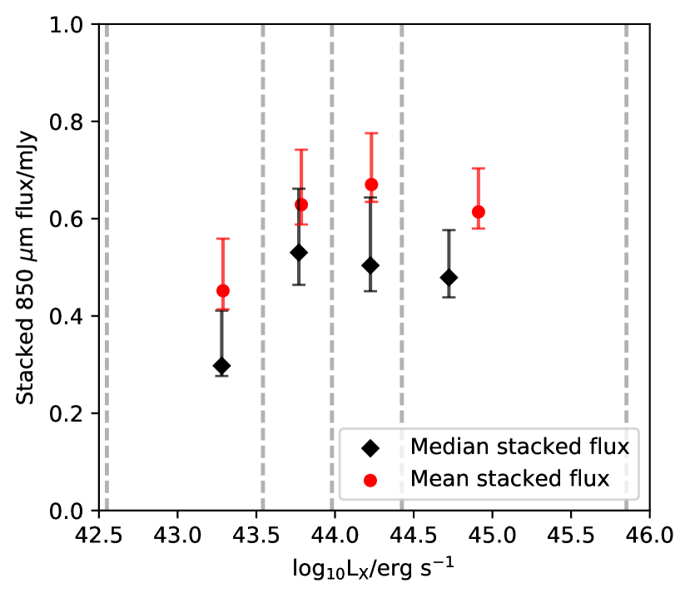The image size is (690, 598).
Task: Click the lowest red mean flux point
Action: (x=222, y=290)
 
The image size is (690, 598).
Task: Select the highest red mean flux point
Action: (x=371, y=185)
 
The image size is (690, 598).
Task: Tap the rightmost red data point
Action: (x=478, y=211)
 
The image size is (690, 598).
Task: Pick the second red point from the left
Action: (x=301, y=204)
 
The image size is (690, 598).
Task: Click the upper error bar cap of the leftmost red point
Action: (x=222, y=239)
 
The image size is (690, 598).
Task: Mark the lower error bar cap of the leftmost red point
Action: (x=222, y=309)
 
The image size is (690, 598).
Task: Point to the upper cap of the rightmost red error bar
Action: (x=478, y=169)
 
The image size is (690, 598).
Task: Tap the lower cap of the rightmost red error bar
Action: (x=478, y=228)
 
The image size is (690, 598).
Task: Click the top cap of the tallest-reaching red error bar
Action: (x=371, y=133)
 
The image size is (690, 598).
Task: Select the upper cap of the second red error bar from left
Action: (x=301, y=150)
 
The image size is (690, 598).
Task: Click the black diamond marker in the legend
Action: (x=370, y=447)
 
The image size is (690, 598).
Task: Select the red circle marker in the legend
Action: (x=370, y=480)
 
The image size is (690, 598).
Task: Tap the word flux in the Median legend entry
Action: (x=609, y=447)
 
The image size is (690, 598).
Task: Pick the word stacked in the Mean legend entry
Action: (x=513, y=479)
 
